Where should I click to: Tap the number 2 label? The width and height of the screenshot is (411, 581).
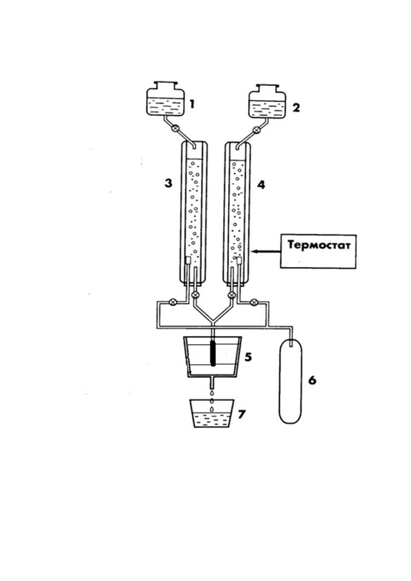click(296, 108)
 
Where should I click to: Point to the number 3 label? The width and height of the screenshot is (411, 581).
click(168, 184)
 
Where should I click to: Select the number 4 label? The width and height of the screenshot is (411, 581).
click(261, 185)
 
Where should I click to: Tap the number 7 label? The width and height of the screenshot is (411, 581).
click(241, 414)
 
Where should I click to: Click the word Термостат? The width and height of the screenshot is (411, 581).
click(319, 245)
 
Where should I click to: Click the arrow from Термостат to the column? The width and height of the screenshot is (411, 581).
click(266, 251)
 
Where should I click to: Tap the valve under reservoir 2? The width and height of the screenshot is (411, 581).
click(256, 129)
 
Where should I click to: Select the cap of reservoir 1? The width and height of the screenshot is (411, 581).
click(165, 85)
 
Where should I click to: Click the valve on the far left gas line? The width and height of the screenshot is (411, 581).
click(173, 302)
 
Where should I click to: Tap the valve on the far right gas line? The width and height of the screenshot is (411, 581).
click(254, 302)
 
